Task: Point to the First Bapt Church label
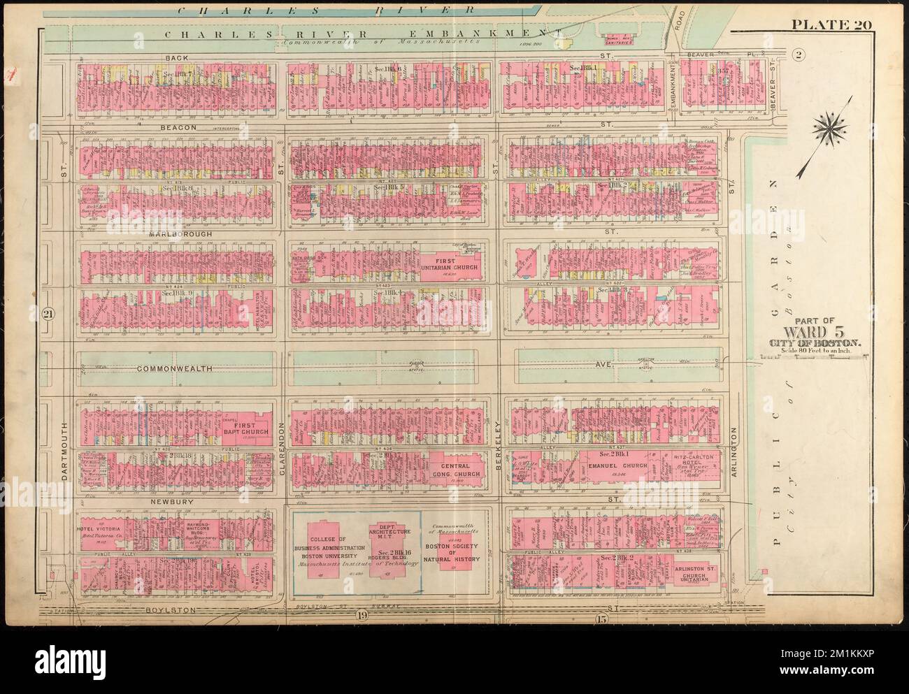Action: (x=252, y=428)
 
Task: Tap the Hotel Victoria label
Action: (x=103, y=528)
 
